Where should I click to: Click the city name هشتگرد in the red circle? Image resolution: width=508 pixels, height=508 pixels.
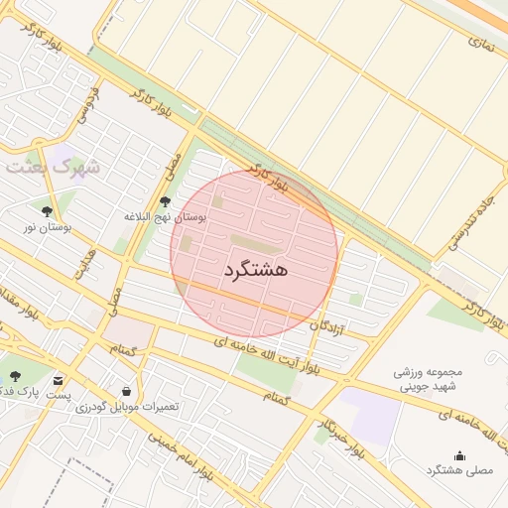coord(256,270)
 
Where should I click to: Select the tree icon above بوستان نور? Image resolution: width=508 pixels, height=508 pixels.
coord(47,210)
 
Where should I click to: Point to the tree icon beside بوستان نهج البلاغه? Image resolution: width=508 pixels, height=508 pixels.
coord(165,201)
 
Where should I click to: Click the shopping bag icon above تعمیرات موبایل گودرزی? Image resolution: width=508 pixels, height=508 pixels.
coord(125,391)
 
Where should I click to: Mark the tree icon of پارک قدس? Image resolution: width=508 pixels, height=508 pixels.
coord(14,376)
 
